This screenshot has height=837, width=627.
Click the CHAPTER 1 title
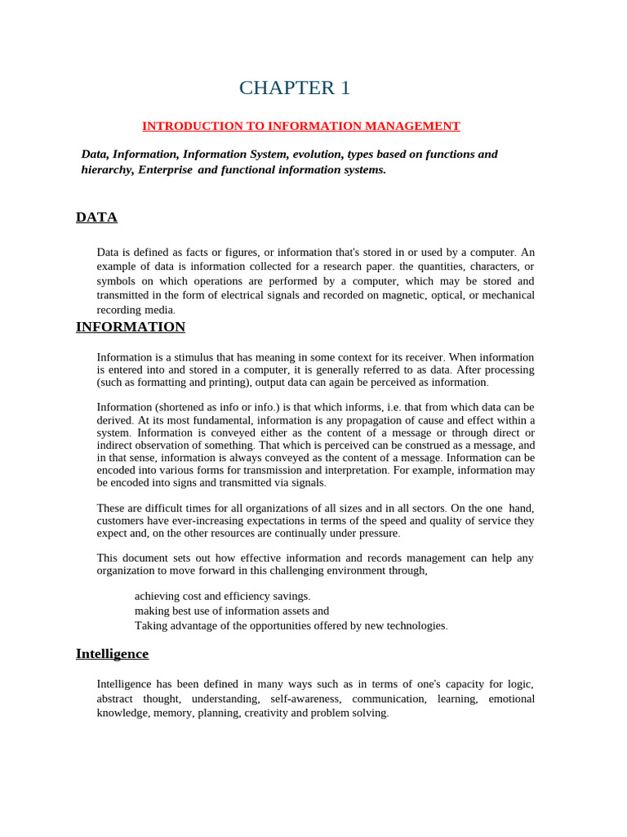(x=294, y=88)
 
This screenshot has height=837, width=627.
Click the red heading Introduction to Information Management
(x=301, y=126)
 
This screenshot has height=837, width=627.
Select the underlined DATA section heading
(x=96, y=217)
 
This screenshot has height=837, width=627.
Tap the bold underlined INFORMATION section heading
(x=131, y=327)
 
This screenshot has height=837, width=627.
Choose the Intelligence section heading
(x=112, y=654)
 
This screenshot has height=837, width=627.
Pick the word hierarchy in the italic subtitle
(x=106, y=170)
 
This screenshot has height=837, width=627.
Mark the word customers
(x=122, y=521)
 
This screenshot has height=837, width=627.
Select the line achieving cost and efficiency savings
(x=222, y=597)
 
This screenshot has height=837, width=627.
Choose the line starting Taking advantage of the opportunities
(x=291, y=626)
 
